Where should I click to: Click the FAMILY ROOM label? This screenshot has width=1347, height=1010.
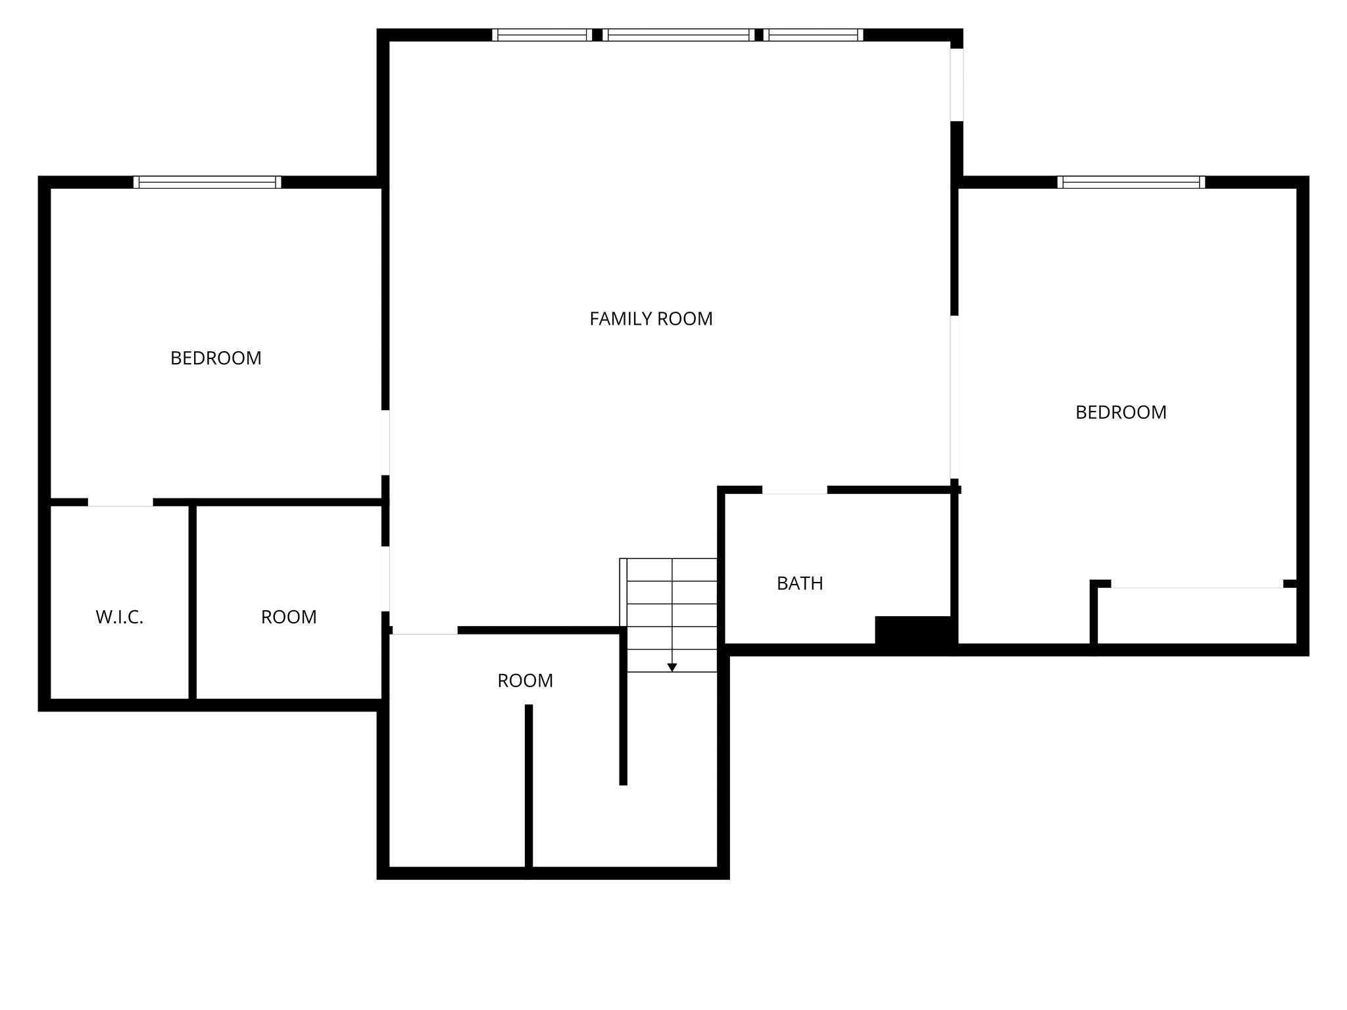650,319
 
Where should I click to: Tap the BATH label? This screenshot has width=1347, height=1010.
799,583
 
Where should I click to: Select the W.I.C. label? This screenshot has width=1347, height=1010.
119,617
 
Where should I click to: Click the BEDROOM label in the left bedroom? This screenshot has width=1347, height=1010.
216,358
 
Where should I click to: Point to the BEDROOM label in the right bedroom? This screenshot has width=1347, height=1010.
1121,412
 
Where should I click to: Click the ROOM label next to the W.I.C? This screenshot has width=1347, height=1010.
289,617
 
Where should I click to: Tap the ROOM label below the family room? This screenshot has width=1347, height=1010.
525,681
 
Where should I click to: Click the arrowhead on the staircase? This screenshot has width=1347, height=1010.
672,667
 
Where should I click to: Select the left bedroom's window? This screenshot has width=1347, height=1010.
207,182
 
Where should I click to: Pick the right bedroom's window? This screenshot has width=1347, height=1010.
1131,182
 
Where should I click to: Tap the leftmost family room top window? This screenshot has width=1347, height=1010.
542,35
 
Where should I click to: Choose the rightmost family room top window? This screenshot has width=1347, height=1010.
814,35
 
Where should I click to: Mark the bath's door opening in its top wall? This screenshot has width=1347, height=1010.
795,490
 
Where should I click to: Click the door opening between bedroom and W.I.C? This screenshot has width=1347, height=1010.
120,502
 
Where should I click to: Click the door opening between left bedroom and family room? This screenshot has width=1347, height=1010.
385,443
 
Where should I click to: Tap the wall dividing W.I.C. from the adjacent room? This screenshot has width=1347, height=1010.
193,602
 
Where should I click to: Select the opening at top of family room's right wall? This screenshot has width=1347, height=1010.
956,85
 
